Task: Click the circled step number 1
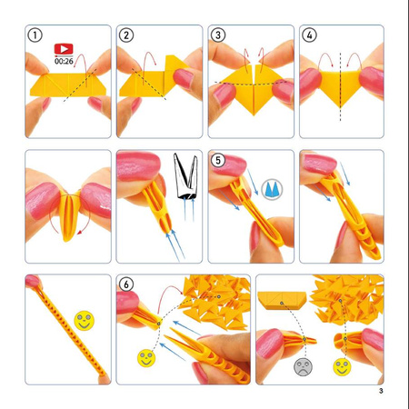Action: click(35, 35)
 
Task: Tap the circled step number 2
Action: click(126, 35)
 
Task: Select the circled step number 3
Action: click(218, 35)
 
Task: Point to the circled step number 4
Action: click(309, 35)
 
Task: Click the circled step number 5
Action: click(218, 160)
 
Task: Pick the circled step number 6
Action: click(126, 284)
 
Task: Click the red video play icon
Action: click(64, 49)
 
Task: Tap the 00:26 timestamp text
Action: click(64, 61)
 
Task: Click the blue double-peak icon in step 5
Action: click(272, 189)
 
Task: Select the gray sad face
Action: click(303, 367)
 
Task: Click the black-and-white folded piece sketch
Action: click(186, 176)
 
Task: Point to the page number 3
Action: click(381, 391)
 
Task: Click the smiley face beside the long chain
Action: click(85, 321)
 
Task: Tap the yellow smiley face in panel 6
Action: click(146, 358)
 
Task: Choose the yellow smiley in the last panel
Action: click(342, 367)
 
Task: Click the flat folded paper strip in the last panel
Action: click(282, 300)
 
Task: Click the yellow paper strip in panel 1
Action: click(68, 85)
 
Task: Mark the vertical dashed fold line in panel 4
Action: click(340, 87)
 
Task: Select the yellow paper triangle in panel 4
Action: click(340, 86)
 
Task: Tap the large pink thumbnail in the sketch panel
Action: click(139, 166)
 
